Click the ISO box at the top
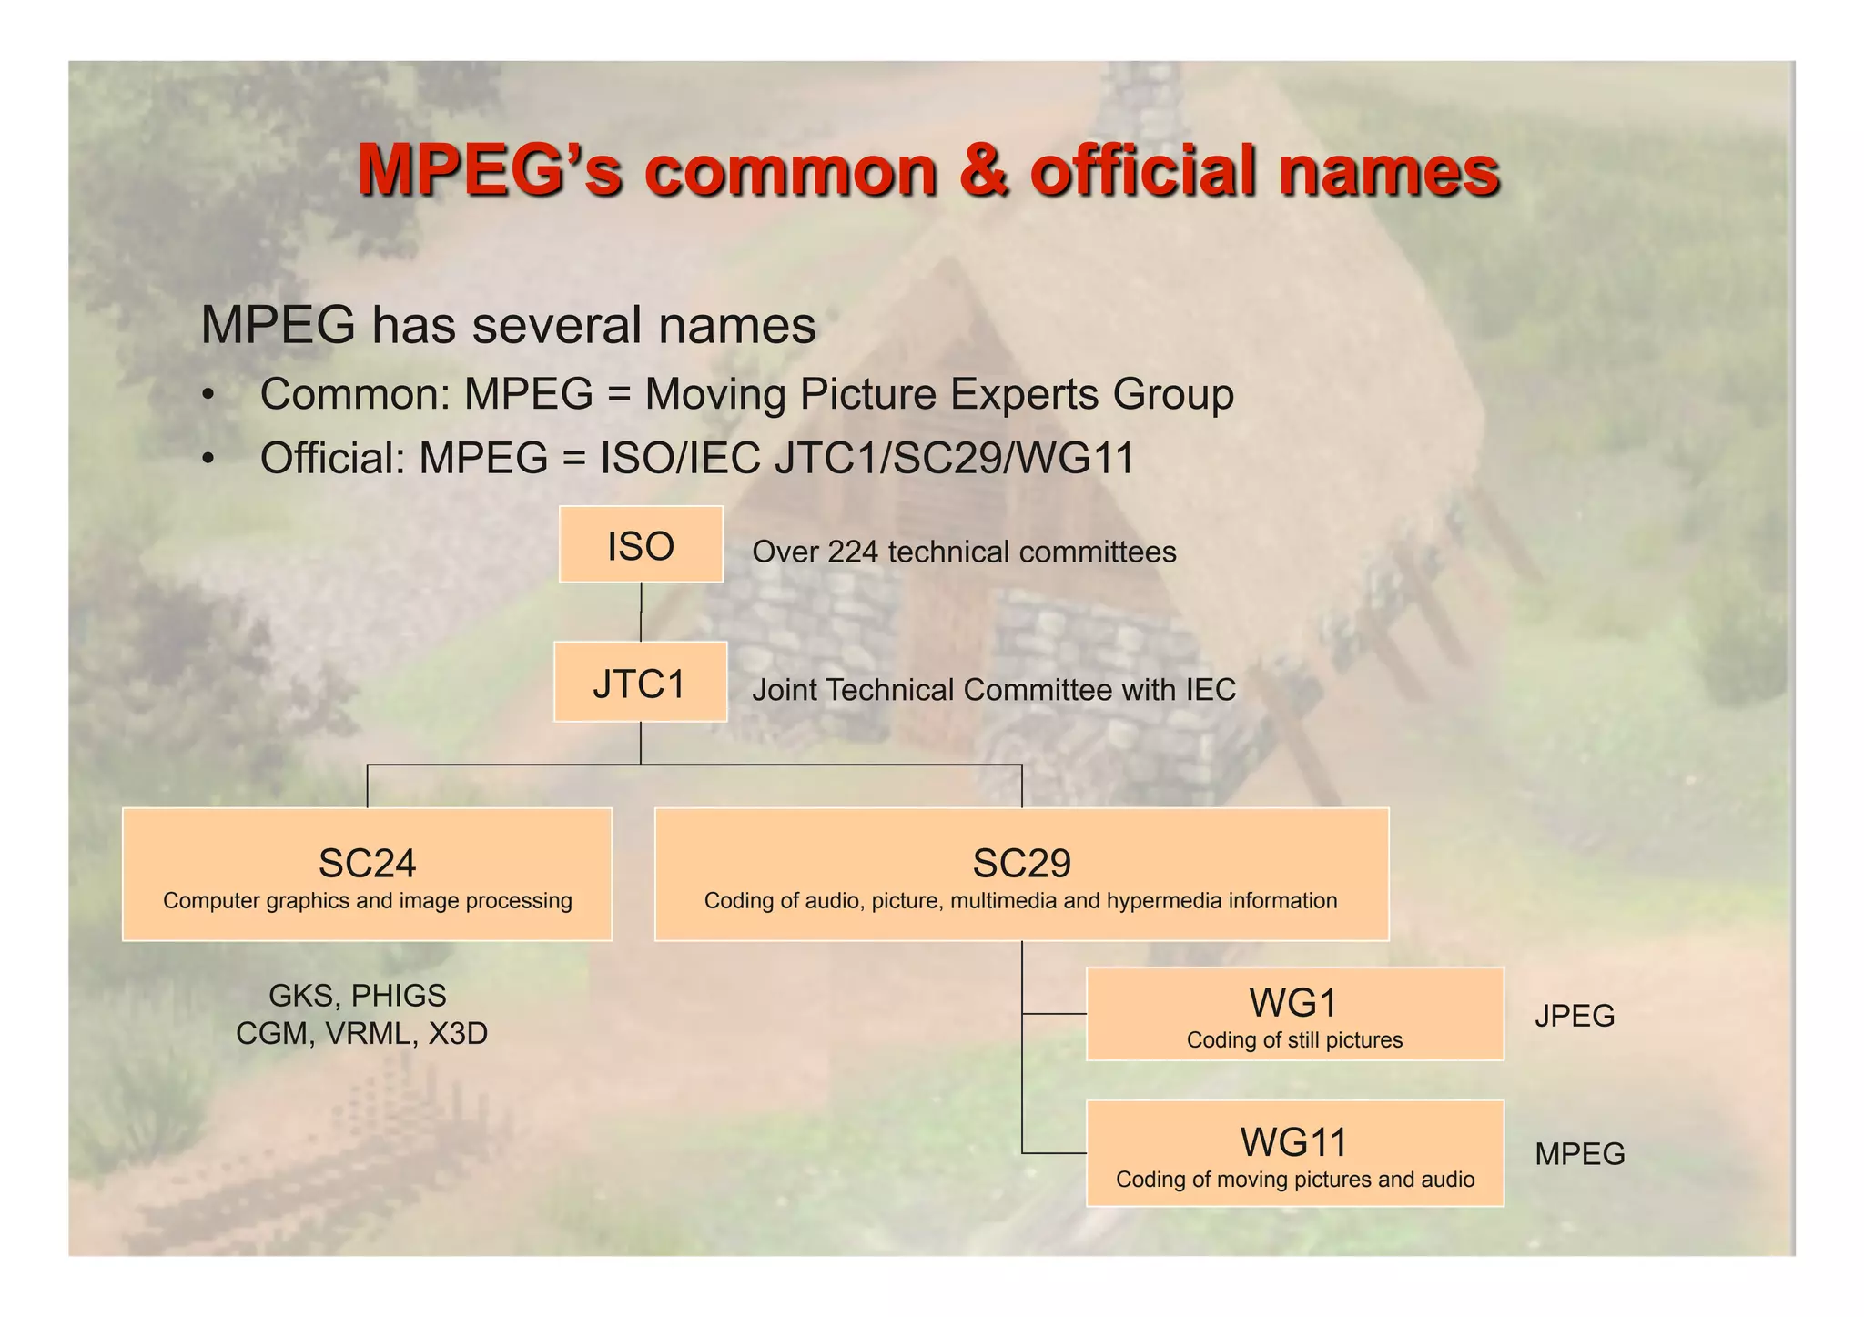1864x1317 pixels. pos(641,544)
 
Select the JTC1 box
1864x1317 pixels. pos(640,683)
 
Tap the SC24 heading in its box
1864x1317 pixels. pos(367,863)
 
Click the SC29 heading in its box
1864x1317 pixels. pos(1021,863)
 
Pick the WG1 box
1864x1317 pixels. pos(1294,1014)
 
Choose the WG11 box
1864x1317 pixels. pos(1294,1153)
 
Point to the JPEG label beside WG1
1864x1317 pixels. pos(1575,1016)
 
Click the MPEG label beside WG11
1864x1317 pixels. pos(1579,1154)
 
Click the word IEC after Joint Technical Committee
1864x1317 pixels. pos(1210,690)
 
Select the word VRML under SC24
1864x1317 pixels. pos(371,1034)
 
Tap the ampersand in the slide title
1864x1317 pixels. pos(984,170)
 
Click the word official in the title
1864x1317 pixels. pos(1145,170)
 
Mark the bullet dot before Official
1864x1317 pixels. pos(209,459)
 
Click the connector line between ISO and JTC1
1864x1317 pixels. pos(641,612)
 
